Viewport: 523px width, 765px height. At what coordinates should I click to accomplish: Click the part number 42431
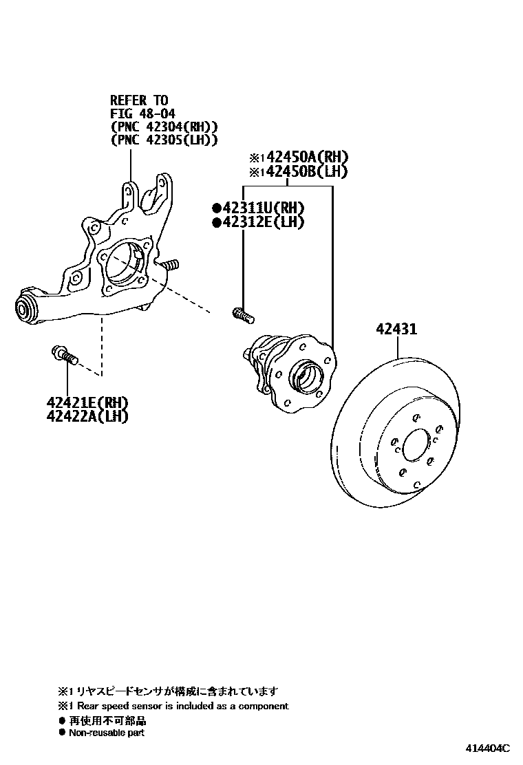(396, 330)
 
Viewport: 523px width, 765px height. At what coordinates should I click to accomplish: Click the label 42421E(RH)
(87, 402)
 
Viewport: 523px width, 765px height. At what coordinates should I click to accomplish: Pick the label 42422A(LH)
(87, 416)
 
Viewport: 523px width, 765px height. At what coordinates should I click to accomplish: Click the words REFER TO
(139, 100)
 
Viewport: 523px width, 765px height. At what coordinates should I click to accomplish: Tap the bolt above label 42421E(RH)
(64, 356)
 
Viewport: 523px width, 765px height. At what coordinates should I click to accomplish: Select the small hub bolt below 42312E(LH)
(242, 314)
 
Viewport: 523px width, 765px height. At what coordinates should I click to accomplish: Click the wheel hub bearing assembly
(292, 369)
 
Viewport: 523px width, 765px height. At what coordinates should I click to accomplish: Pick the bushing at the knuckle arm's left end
(26, 308)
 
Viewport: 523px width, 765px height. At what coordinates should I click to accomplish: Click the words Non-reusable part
(107, 733)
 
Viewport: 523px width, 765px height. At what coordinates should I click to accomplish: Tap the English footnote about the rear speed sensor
(177, 706)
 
